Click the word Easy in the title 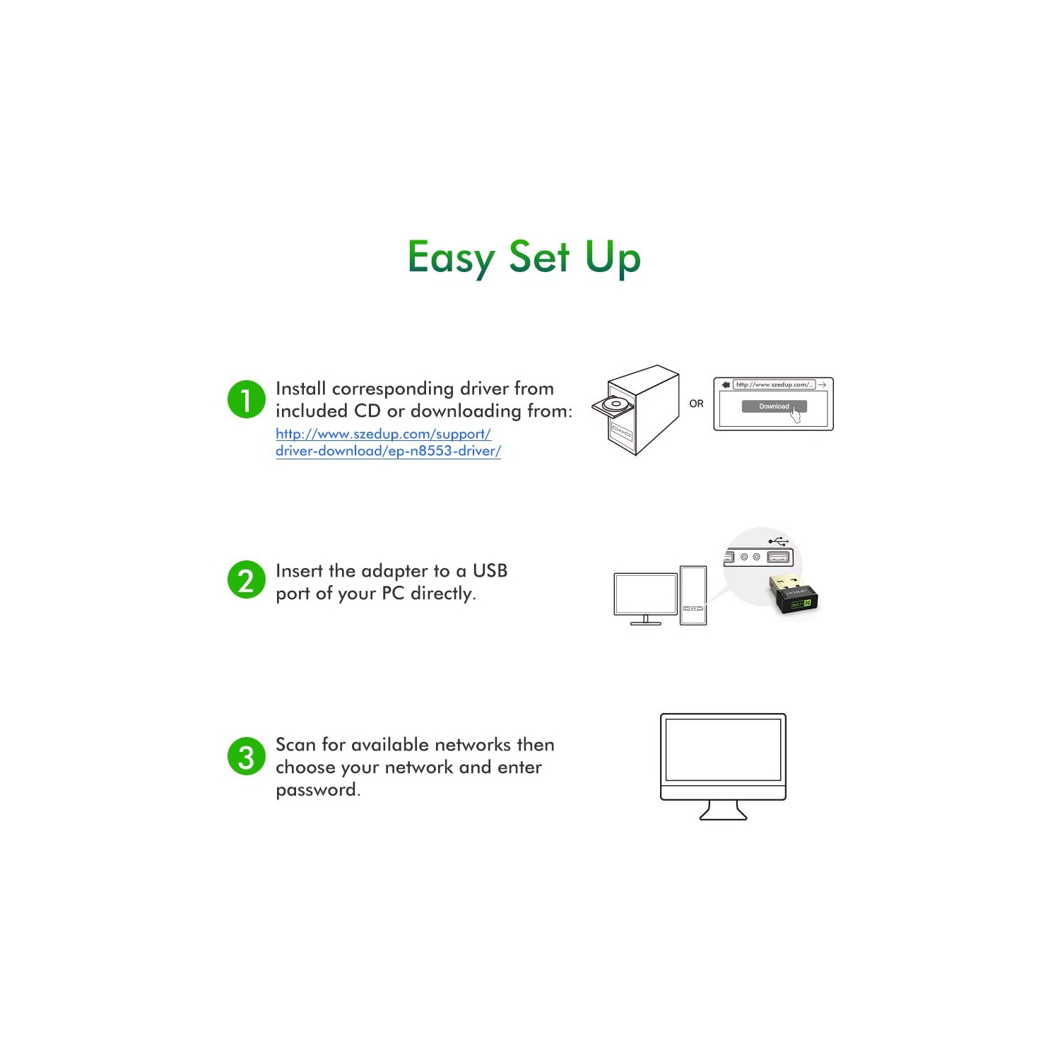point(451,257)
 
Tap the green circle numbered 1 point(246,399)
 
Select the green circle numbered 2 point(246,580)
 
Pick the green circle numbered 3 point(246,756)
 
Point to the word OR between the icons point(696,404)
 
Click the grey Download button point(773,406)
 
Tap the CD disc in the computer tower point(615,405)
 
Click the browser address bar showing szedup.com point(774,384)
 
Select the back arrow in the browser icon point(726,384)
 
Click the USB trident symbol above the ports point(779,541)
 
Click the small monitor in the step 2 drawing point(645,595)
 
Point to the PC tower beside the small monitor point(693,595)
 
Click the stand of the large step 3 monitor point(723,810)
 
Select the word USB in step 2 point(490,570)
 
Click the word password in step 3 point(317,790)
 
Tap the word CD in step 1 point(367,411)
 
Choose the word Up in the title point(613,257)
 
